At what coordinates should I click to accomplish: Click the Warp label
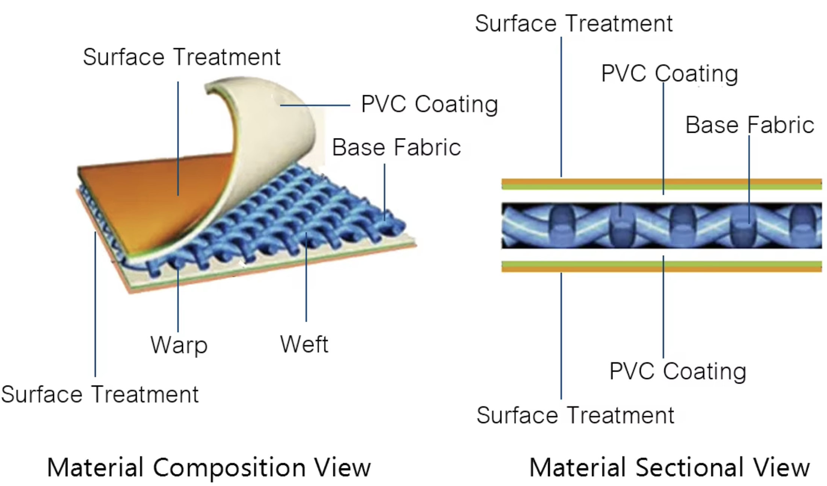click(x=179, y=345)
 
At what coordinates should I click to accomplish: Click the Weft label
click(x=304, y=344)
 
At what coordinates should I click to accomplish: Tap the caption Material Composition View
click(x=209, y=468)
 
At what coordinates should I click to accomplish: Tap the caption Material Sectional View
click(x=669, y=468)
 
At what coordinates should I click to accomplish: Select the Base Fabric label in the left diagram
click(x=396, y=147)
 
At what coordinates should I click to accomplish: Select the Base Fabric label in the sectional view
click(x=750, y=125)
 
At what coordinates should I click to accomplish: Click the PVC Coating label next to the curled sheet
click(x=429, y=104)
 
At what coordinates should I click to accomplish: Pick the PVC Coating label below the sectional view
click(x=677, y=371)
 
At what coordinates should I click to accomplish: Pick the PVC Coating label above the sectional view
click(x=669, y=73)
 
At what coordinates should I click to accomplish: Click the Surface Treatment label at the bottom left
click(x=100, y=394)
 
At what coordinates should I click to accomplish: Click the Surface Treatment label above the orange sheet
click(x=182, y=57)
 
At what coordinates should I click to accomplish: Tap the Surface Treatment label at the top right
click(x=574, y=23)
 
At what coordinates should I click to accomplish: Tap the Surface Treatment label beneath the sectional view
click(x=575, y=415)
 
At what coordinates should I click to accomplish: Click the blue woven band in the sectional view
click(x=662, y=226)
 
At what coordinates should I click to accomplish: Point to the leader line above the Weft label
click(x=306, y=278)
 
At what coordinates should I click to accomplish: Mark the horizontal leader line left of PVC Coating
click(x=315, y=105)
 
